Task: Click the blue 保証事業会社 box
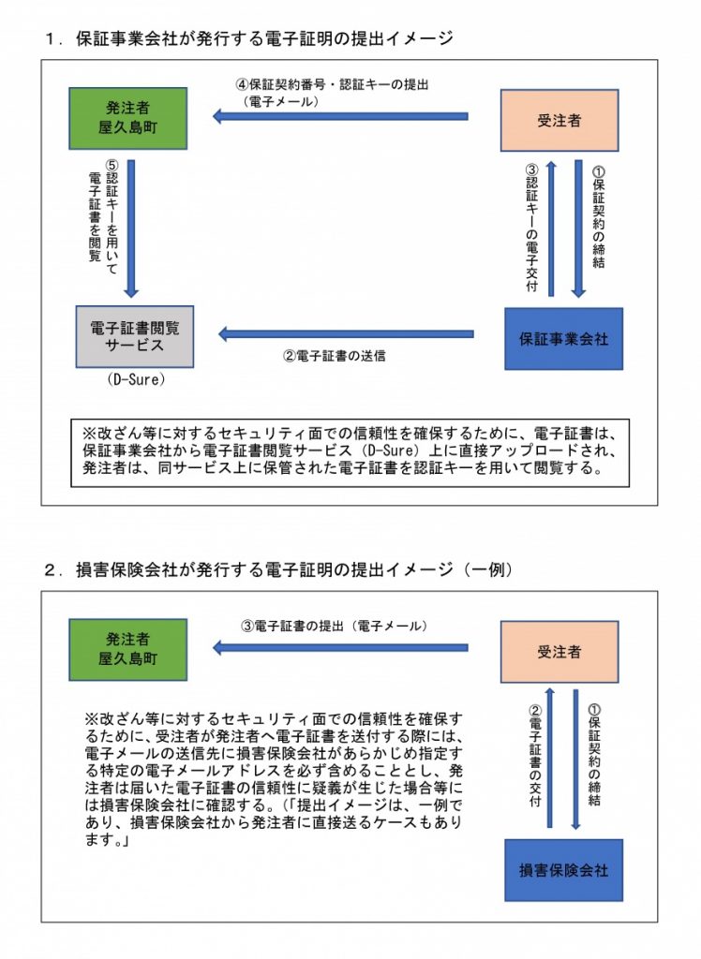(x=563, y=338)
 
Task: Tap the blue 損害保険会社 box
(x=563, y=869)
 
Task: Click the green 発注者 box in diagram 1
(x=128, y=119)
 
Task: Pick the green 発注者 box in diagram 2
(x=128, y=649)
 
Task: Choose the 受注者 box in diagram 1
(x=559, y=120)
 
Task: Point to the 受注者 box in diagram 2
(x=559, y=651)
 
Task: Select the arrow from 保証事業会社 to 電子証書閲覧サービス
(x=347, y=333)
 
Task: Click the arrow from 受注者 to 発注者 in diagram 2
(x=341, y=646)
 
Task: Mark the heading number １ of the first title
(x=52, y=39)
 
